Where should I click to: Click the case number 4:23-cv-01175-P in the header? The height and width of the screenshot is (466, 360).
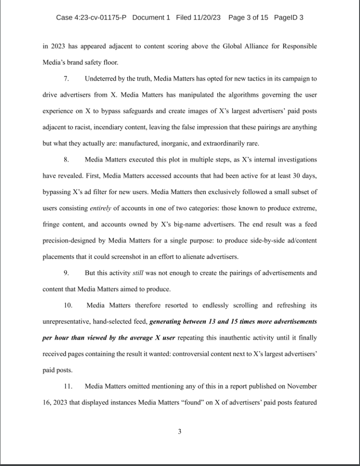(x=91, y=18)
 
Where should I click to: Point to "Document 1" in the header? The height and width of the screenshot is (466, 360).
(x=151, y=18)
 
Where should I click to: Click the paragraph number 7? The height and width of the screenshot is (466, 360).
(x=66, y=79)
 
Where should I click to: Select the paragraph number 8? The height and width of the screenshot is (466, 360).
(x=66, y=159)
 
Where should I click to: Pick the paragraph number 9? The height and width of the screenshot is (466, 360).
(x=66, y=273)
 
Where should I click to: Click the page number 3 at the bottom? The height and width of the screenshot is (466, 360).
(x=180, y=431)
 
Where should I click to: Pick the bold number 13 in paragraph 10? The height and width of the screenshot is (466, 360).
(x=213, y=321)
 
